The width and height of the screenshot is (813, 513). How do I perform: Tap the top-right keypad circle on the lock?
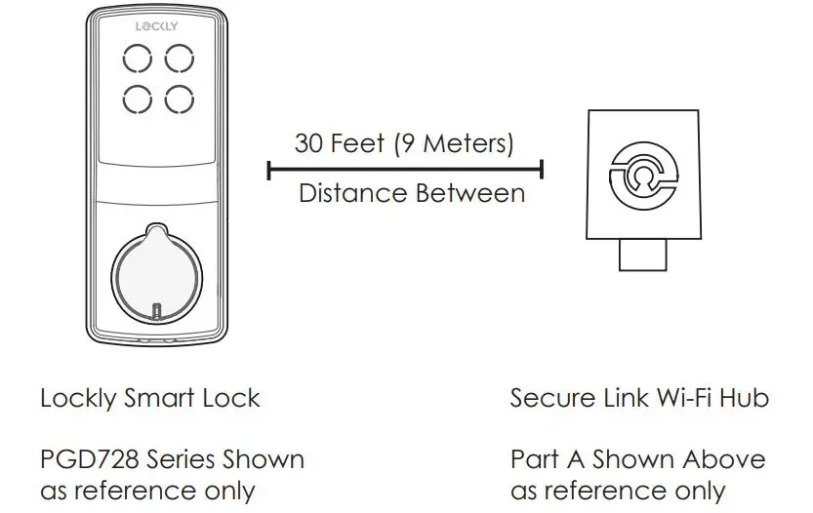pos(178,59)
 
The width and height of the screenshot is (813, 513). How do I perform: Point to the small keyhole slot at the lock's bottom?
pos(157,312)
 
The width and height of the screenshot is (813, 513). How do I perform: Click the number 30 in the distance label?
pos(311,143)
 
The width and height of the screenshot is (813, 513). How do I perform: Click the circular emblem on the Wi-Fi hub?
pos(642,175)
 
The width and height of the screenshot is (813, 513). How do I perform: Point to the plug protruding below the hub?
pos(642,256)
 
